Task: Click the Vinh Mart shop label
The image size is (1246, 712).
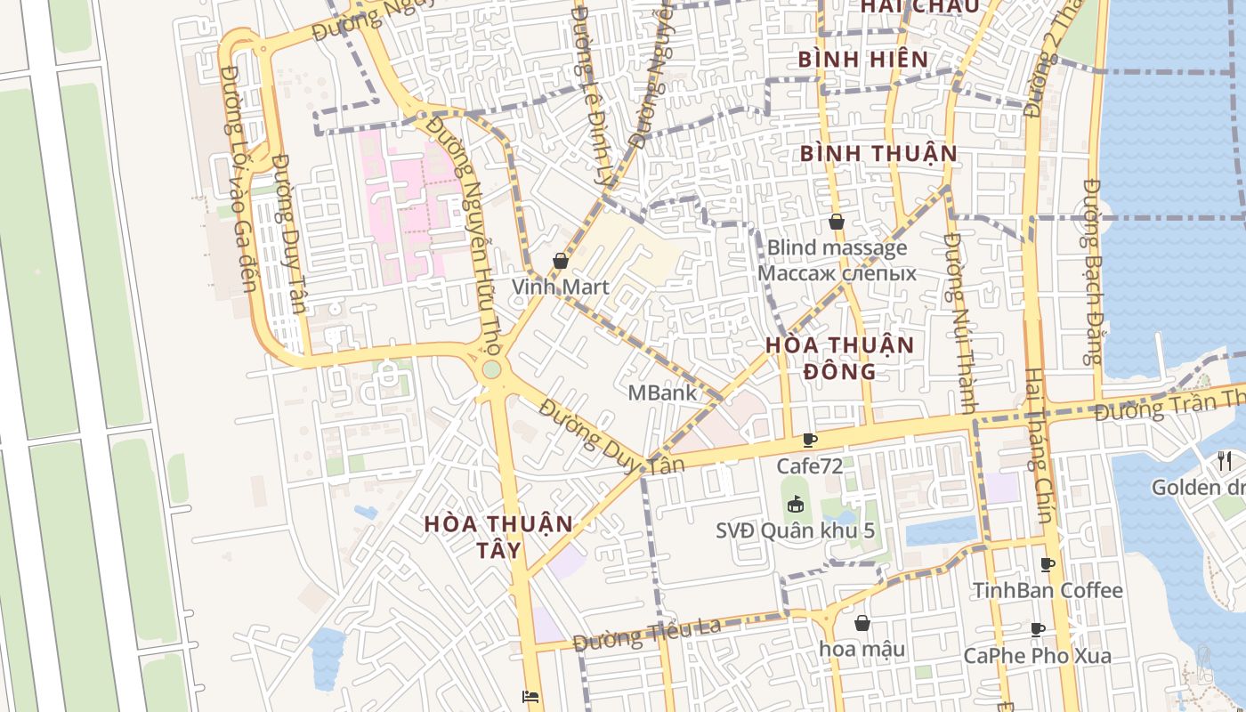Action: click(x=560, y=287)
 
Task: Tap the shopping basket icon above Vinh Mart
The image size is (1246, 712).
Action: click(x=560, y=261)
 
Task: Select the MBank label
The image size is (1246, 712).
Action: click(x=662, y=392)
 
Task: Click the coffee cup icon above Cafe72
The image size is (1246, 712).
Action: click(x=809, y=440)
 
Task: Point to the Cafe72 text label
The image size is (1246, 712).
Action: click(x=809, y=465)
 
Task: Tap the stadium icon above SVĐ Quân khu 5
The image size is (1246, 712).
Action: click(x=795, y=504)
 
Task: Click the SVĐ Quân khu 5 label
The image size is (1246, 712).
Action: click(x=795, y=530)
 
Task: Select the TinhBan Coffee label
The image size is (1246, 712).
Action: click(x=1048, y=590)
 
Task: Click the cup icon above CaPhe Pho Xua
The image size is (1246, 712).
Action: click(x=1038, y=630)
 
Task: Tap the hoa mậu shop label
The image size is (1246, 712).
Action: click(x=862, y=649)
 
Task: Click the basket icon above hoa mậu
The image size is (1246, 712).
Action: click(x=862, y=623)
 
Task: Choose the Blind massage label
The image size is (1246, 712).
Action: click(x=837, y=247)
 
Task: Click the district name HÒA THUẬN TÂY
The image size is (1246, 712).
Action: click(x=498, y=537)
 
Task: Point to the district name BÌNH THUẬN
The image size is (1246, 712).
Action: click(x=878, y=153)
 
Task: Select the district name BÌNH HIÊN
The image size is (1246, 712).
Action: click(x=863, y=60)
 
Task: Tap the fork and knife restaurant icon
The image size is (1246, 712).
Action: click(x=1225, y=460)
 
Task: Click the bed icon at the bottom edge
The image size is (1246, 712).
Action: click(x=530, y=697)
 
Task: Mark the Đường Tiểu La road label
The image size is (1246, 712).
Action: click(x=647, y=634)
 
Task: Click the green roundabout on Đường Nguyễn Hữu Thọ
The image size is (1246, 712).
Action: click(x=491, y=369)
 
